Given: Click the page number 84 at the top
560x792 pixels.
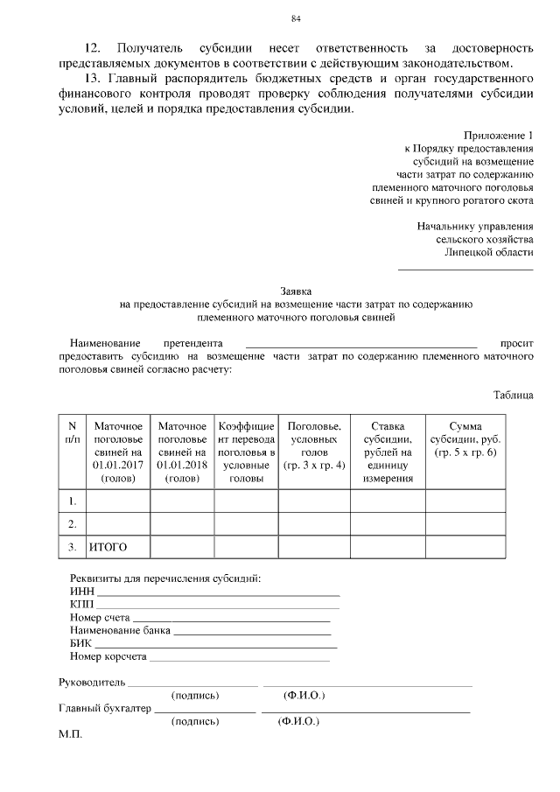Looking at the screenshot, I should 296,19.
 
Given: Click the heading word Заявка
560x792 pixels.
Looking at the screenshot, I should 296,291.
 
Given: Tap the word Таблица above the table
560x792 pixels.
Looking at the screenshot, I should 513,395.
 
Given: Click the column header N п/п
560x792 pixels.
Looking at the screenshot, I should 73,431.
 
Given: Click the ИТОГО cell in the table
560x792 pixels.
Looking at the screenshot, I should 108,547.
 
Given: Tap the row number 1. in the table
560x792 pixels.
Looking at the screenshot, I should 73,501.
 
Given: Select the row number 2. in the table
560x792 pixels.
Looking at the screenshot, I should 73,523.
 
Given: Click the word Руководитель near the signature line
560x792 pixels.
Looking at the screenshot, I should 92,682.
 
